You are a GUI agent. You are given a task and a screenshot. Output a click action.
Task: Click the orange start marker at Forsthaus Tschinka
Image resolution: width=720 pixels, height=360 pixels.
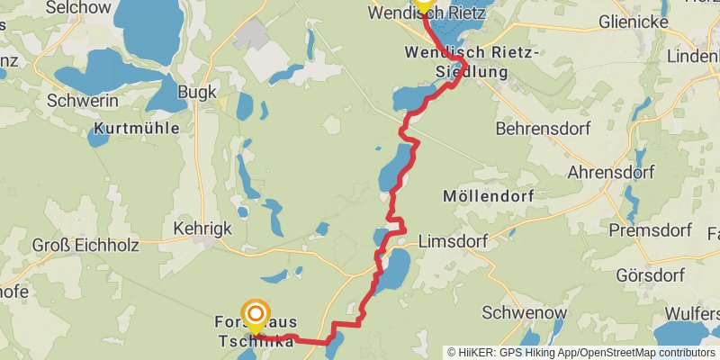(256, 314)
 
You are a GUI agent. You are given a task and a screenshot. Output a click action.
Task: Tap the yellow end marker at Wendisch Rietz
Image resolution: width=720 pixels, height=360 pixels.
(423, 4)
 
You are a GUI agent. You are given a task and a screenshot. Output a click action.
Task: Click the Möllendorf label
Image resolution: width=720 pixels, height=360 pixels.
(489, 195)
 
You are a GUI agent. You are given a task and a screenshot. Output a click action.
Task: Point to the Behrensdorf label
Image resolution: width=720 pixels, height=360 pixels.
(543, 129)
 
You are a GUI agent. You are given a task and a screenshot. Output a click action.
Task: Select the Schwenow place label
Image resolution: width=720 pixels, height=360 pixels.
(525, 313)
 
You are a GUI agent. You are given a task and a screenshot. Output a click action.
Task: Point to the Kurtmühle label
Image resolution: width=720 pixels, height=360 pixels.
(135, 129)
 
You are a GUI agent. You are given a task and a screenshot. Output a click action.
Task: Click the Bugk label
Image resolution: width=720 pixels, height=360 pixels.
(197, 93)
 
